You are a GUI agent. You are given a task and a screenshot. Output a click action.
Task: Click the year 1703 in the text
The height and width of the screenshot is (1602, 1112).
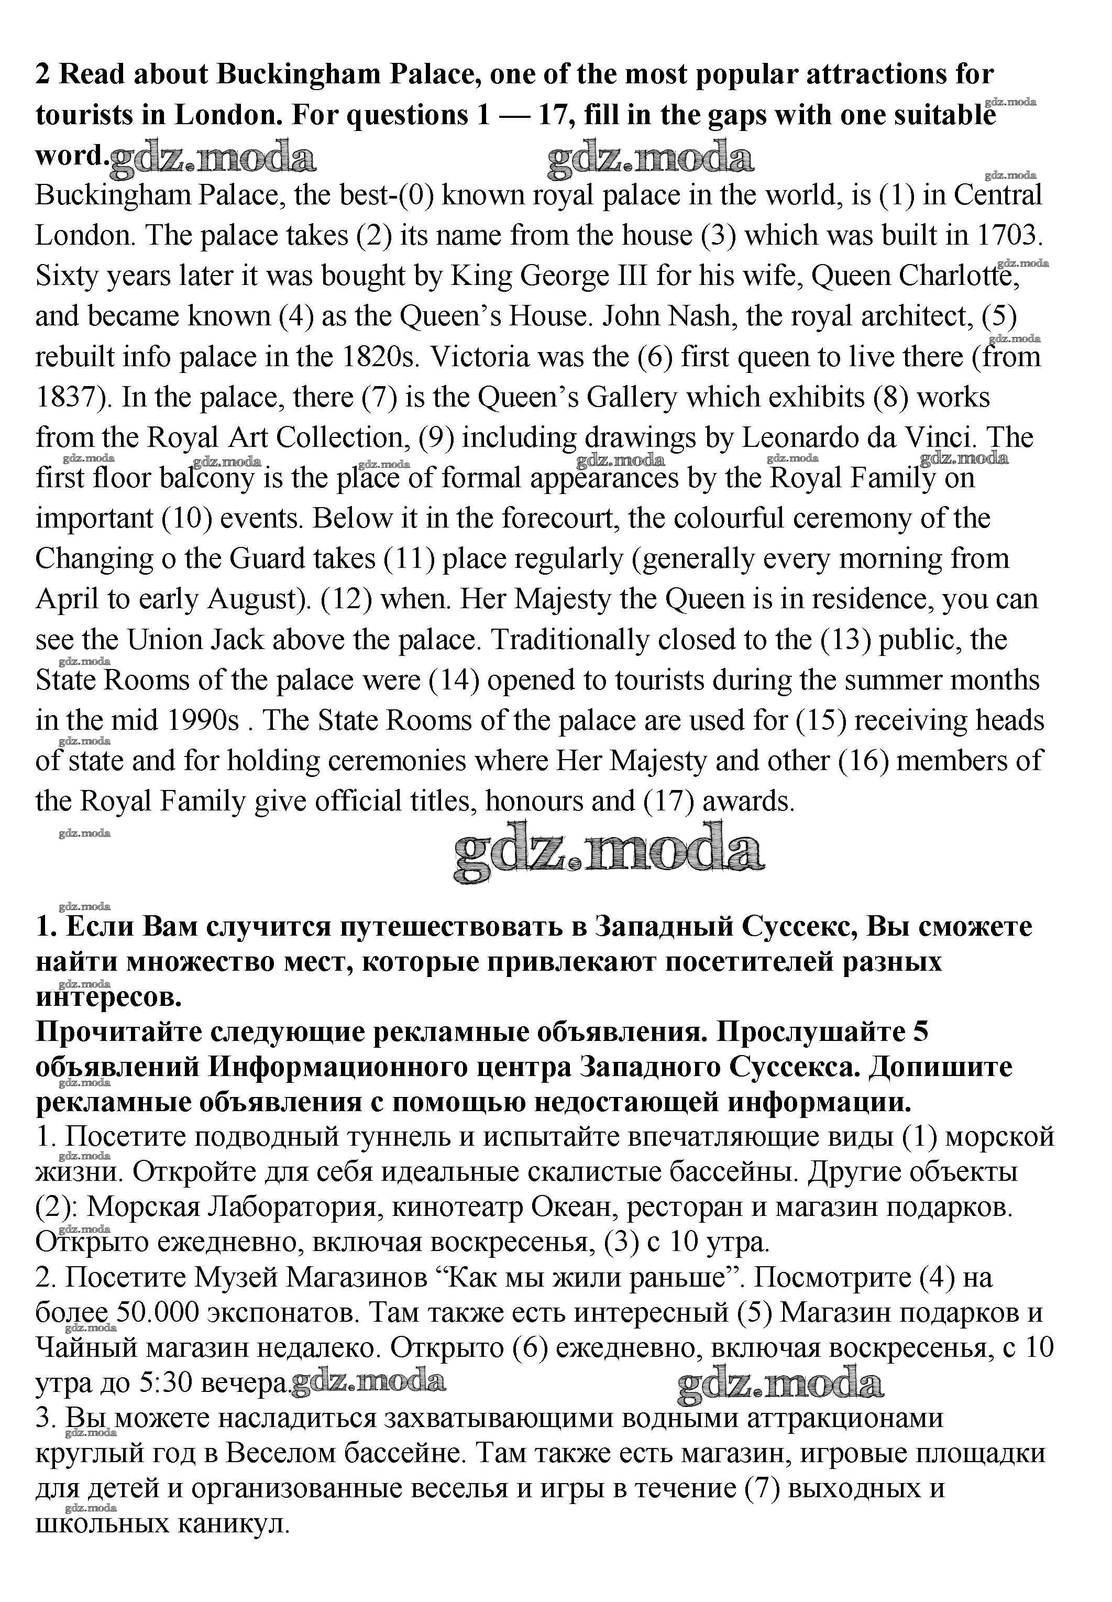1006,236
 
